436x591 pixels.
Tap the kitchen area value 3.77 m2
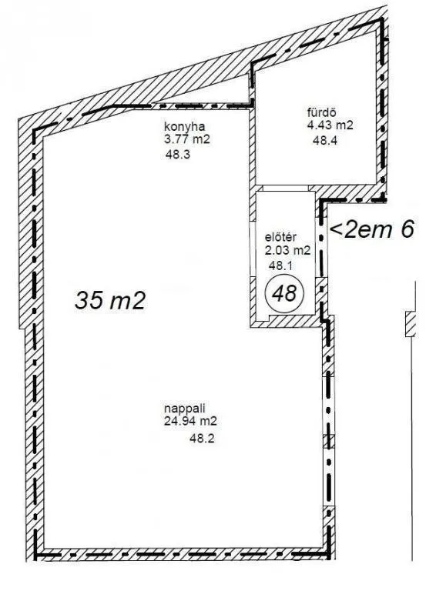[186, 139]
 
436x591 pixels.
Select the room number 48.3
[178, 154]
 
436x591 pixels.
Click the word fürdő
[322, 112]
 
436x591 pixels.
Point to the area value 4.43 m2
[330, 125]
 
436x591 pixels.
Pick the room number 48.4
[325, 141]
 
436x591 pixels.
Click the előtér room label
[280, 237]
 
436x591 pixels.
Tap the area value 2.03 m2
[288, 250]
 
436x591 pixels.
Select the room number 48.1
[280, 265]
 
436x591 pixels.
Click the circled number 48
[285, 293]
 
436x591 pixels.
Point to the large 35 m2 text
[109, 301]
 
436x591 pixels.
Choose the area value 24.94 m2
[190, 421]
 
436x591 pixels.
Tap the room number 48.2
[202, 439]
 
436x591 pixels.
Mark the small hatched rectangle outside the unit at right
[411, 324]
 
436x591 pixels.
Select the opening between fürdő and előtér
[286, 189]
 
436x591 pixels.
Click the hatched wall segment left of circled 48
[253, 295]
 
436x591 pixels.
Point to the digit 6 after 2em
[407, 229]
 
